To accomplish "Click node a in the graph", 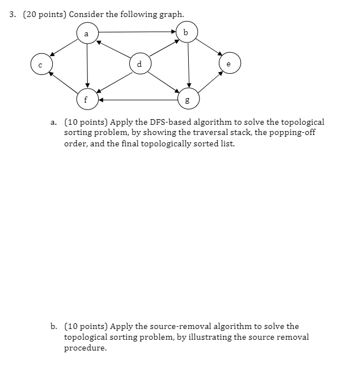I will coord(86,33).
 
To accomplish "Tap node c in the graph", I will coord(40,64).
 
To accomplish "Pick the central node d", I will coord(139,64).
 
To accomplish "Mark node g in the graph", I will coord(188,100).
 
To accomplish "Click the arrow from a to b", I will coord(136,32).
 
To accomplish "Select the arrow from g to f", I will coord(137,100).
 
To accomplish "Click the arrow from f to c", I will coord(63,82).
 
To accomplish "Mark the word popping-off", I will coord(293,133).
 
